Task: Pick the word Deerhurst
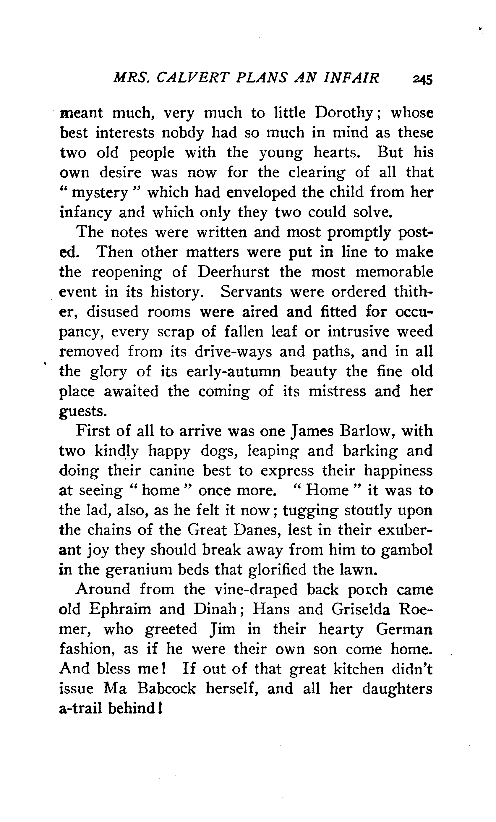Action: (x=233, y=272)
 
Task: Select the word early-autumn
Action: (x=234, y=372)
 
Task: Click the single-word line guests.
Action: (x=83, y=411)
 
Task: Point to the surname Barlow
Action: (x=367, y=431)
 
